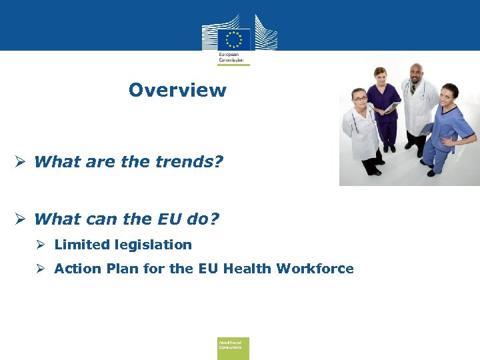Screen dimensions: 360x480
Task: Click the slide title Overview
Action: click(x=177, y=90)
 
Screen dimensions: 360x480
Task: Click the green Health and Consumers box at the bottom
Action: click(x=233, y=348)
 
